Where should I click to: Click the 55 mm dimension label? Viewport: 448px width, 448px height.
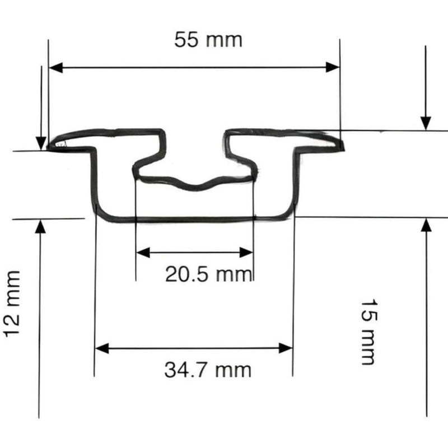[208, 40]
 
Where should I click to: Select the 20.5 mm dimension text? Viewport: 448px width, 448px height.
[209, 274]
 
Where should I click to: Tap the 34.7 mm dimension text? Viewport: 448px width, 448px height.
[208, 370]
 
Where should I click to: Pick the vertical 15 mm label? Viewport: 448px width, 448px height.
[367, 331]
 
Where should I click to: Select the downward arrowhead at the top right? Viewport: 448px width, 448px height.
[426, 123]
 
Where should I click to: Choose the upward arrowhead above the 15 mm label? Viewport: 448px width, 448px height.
[426, 225]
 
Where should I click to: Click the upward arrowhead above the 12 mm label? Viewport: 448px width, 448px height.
[39, 226]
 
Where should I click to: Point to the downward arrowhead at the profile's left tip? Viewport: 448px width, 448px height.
[41, 143]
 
